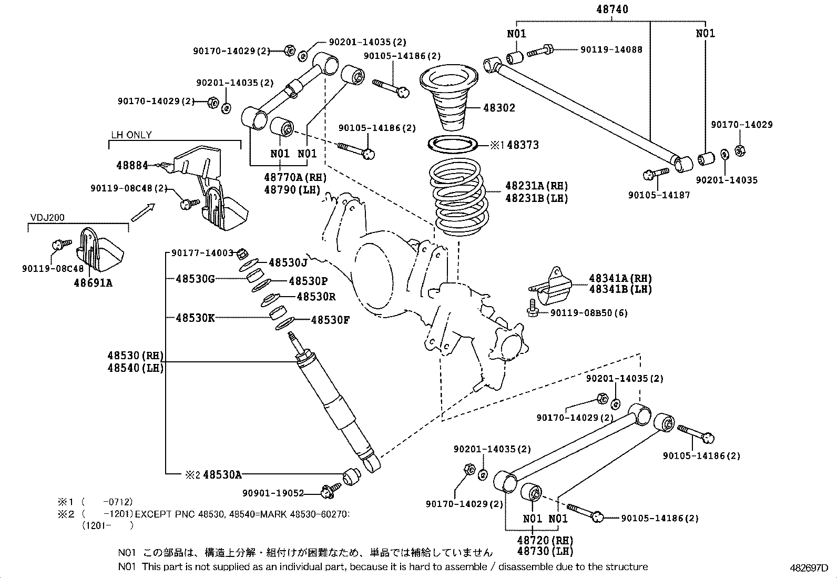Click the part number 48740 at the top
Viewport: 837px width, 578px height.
click(612, 9)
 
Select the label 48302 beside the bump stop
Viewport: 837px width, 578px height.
click(499, 108)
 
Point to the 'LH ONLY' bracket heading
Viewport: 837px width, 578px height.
click(131, 135)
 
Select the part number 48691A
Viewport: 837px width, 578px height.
click(93, 283)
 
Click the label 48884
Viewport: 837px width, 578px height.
click(132, 165)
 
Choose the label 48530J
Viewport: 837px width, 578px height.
click(288, 262)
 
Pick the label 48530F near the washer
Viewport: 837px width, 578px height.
click(330, 320)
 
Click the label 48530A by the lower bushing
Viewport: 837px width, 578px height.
click(222, 474)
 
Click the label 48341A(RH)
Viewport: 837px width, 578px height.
click(620, 278)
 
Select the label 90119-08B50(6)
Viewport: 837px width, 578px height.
click(589, 313)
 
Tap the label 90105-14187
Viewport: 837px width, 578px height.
click(659, 195)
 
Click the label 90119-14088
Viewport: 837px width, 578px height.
click(611, 49)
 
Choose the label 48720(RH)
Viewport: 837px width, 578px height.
click(545, 540)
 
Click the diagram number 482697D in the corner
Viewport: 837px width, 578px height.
click(808, 568)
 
